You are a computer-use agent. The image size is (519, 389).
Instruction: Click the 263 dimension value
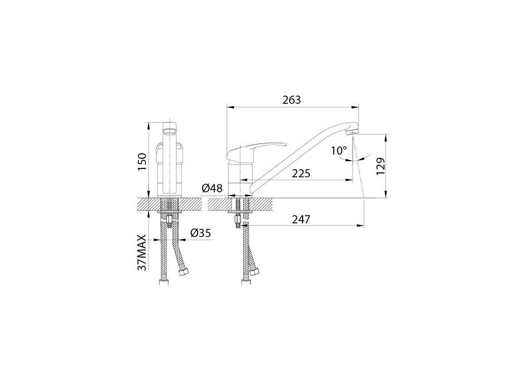pos(291,99)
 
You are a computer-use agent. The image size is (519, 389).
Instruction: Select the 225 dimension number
pos(301,173)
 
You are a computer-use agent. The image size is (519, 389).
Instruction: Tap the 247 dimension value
pos(301,220)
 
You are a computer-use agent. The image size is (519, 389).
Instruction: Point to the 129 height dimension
pos(380,166)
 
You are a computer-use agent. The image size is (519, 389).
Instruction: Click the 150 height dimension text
pos(142,162)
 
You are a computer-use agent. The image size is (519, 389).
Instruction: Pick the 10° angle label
pos(339,151)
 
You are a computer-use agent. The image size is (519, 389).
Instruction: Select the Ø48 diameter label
pos(212,188)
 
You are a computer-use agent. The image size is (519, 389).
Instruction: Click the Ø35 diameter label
pos(201,233)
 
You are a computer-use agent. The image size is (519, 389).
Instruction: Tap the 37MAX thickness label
pos(142,253)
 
